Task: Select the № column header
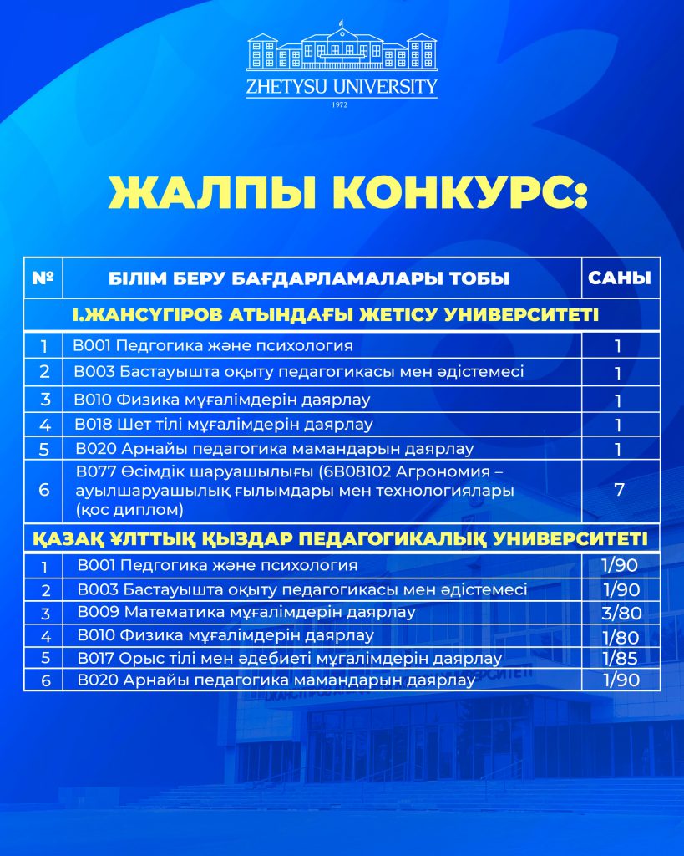pyautogui.click(x=43, y=278)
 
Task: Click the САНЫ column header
pyautogui.click(x=620, y=278)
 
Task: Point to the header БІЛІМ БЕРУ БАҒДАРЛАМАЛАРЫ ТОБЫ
pyautogui.click(x=320, y=278)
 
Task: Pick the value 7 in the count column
pyautogui.click(x=620, y=490)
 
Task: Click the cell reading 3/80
pyautogui.click(x=621, y=613)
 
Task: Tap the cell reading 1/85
pyautogui.click(x=621, y=658)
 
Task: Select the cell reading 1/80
pyautogui.click(x=621, y=636)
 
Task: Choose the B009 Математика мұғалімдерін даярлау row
pyautogui.click(x=246, y=613)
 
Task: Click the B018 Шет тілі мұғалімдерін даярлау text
pyautogui.click(x=223, y=425)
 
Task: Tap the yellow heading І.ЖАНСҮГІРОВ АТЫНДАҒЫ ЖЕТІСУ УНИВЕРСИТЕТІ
pyautogui.click(x=342, y=315)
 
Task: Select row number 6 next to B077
pyautogui.click(x=44, y=490)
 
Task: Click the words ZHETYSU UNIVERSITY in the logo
pyautogui.click(x=342, y=86)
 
